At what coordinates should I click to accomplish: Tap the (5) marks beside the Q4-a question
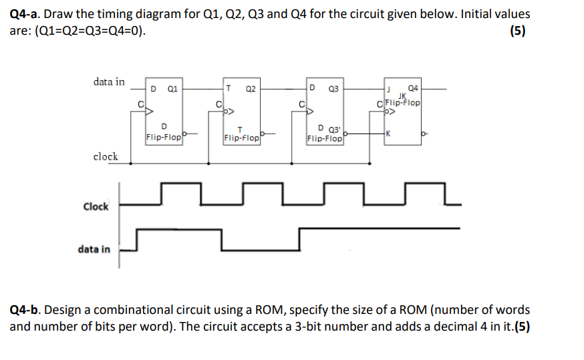point(517,31)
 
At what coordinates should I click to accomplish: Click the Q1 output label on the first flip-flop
point(172,88)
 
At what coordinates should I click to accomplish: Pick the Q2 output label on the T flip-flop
point(251,88)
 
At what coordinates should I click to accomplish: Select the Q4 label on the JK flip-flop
point(413,88)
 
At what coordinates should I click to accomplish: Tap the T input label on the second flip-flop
point(229,88)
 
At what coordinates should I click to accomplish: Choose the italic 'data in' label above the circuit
point(109,81)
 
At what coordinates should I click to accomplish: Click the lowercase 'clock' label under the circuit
point(106,157)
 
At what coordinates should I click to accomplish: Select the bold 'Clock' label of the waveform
point(96,206)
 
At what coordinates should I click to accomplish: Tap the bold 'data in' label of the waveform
point(94,249)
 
